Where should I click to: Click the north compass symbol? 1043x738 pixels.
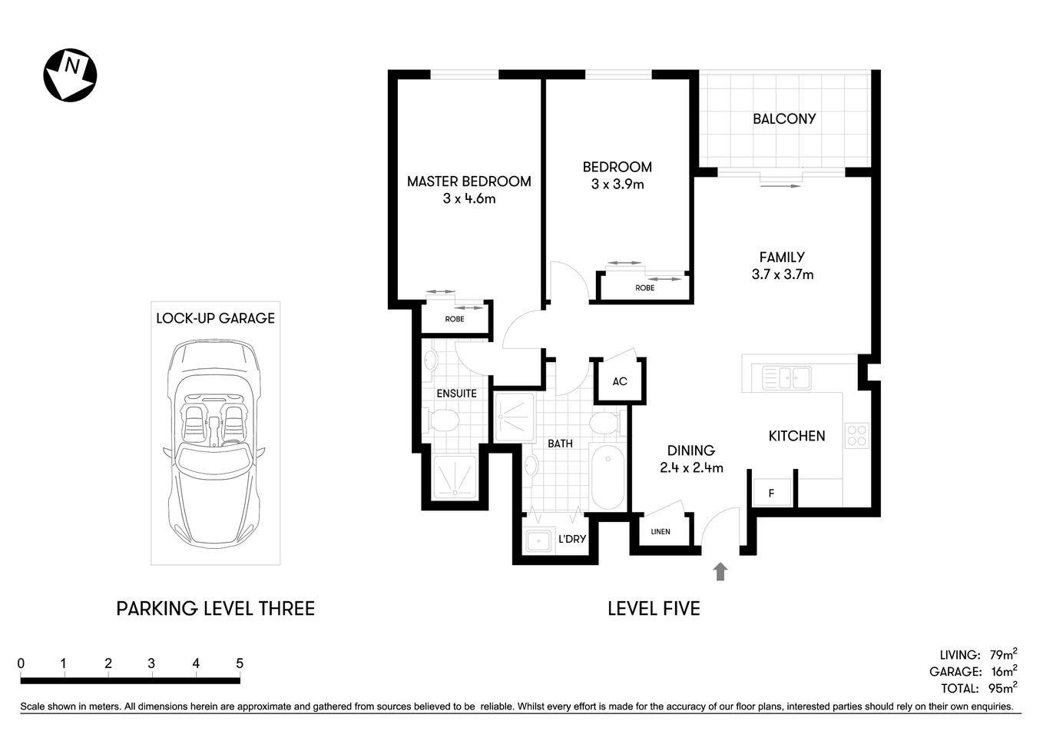(70, 75)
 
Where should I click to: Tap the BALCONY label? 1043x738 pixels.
(783, 118)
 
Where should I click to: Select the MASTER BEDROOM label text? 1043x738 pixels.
(469, 181)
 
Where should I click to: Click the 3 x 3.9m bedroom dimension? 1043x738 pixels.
(617, 184)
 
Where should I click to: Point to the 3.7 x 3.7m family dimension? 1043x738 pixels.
(782, 274)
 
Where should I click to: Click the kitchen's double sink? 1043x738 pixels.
(786, 377)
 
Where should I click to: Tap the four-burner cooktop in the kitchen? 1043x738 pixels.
(856, 436)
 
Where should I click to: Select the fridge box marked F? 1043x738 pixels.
(772, 493)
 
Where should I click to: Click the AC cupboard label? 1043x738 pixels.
(620, 381)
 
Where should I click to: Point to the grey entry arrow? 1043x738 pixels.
(720, 570)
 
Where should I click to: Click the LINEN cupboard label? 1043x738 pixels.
(660, 532)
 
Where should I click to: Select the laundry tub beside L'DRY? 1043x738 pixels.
(538, 540)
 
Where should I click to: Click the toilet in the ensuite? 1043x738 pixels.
(443, 421)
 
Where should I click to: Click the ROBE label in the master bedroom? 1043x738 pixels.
(455, 319)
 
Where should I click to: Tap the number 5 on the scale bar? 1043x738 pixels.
(240, 663)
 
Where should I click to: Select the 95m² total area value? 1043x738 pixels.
(1002, 688)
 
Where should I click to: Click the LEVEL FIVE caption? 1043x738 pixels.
(654, 609)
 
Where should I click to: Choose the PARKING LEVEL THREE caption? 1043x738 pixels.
(215, 609)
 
